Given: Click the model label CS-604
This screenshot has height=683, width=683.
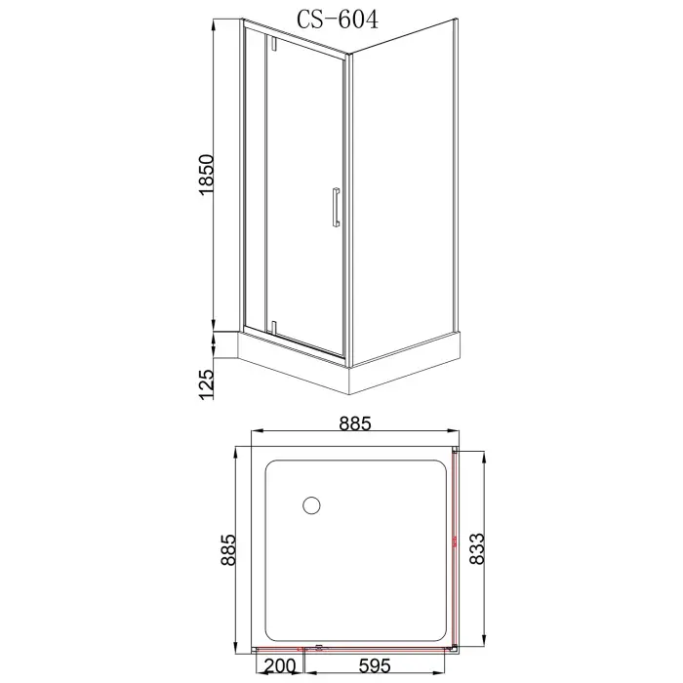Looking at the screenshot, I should point(335,18).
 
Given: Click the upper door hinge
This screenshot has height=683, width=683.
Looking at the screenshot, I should point(273,45).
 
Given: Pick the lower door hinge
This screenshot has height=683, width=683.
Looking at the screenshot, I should point(273,324).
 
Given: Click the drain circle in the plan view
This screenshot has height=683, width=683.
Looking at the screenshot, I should point(311,505).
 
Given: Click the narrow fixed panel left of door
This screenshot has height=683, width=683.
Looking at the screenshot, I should point(255,185).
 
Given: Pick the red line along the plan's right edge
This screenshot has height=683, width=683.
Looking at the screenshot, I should point(455,546).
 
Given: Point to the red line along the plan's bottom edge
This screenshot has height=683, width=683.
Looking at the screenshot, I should point(293,650).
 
